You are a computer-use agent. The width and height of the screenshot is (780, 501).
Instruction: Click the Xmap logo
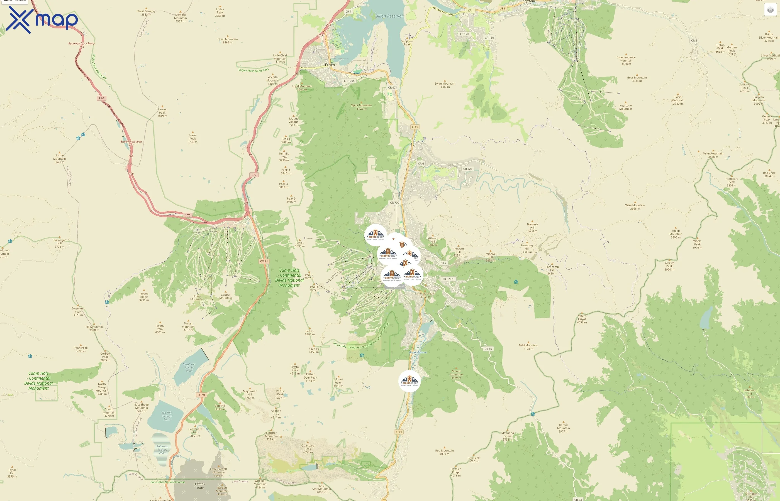pos(42,20)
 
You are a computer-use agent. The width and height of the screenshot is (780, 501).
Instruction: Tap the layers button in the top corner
pos(770,10)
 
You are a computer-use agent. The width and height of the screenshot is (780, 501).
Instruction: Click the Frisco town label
pos(330,65)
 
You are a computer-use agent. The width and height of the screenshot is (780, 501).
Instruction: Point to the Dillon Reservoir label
pos(389,16)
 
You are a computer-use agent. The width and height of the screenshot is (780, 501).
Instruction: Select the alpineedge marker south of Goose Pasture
pos(409,381)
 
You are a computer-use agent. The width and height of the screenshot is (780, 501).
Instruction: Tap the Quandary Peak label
pos(308,449)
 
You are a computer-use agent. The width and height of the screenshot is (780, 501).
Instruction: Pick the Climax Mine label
pos(200,486)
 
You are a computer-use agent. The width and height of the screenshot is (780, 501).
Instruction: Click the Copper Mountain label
pos(226,296)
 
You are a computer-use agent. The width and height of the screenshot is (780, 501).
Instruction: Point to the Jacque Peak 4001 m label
pos(160,329)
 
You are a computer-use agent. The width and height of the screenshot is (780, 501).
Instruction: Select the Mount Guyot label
pos(582,319)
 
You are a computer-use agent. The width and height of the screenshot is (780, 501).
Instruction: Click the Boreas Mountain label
pos(563,428)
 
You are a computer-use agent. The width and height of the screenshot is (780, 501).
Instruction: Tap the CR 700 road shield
pos(394,203)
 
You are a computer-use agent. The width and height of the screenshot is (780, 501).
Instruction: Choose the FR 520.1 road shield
pos(448,279)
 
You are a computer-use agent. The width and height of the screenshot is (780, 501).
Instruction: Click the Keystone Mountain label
pos(625,107)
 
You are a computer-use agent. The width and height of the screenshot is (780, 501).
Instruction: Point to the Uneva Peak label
pos(162,112)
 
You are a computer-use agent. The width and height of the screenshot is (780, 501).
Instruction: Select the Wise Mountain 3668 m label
pos(635,207)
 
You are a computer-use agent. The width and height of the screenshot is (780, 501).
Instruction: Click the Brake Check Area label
pos(131,141)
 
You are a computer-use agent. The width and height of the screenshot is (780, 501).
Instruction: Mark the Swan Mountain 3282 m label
pos(445,85)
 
